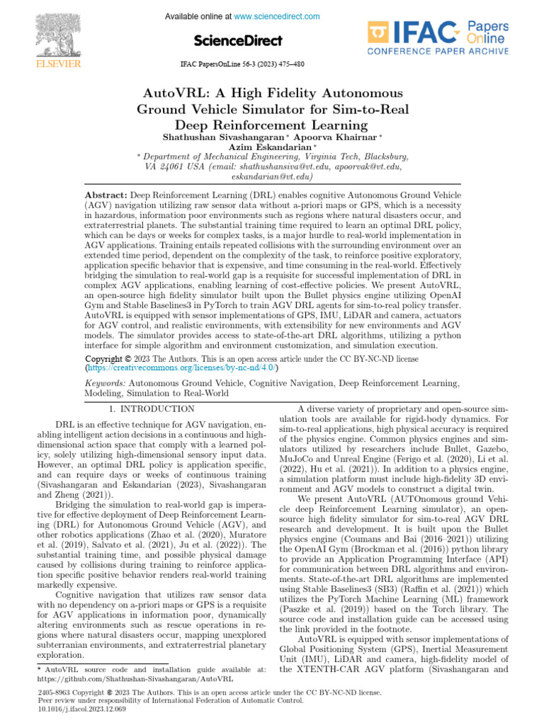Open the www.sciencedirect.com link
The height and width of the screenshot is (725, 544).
[x=276, y=16]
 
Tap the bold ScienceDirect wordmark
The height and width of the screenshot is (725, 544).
[x=237, y=40]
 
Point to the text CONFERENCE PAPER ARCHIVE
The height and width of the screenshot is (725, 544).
[x=436, y=52]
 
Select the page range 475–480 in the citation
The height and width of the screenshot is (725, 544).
[x=290, y=64]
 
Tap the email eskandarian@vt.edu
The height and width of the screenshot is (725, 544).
[x=272, y=177]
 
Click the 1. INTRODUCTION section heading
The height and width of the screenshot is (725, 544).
[x=152, y=409]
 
